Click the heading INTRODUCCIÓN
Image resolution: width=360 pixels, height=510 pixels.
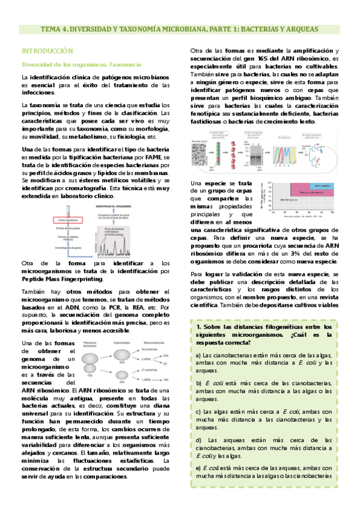pos(47,51)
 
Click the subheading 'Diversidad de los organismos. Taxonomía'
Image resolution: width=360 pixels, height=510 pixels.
pos(81,64)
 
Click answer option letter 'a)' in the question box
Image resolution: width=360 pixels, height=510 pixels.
pos(198,355)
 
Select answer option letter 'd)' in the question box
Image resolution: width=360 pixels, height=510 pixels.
pos(198,440)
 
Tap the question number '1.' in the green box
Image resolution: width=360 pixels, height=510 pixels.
pos(199,326)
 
